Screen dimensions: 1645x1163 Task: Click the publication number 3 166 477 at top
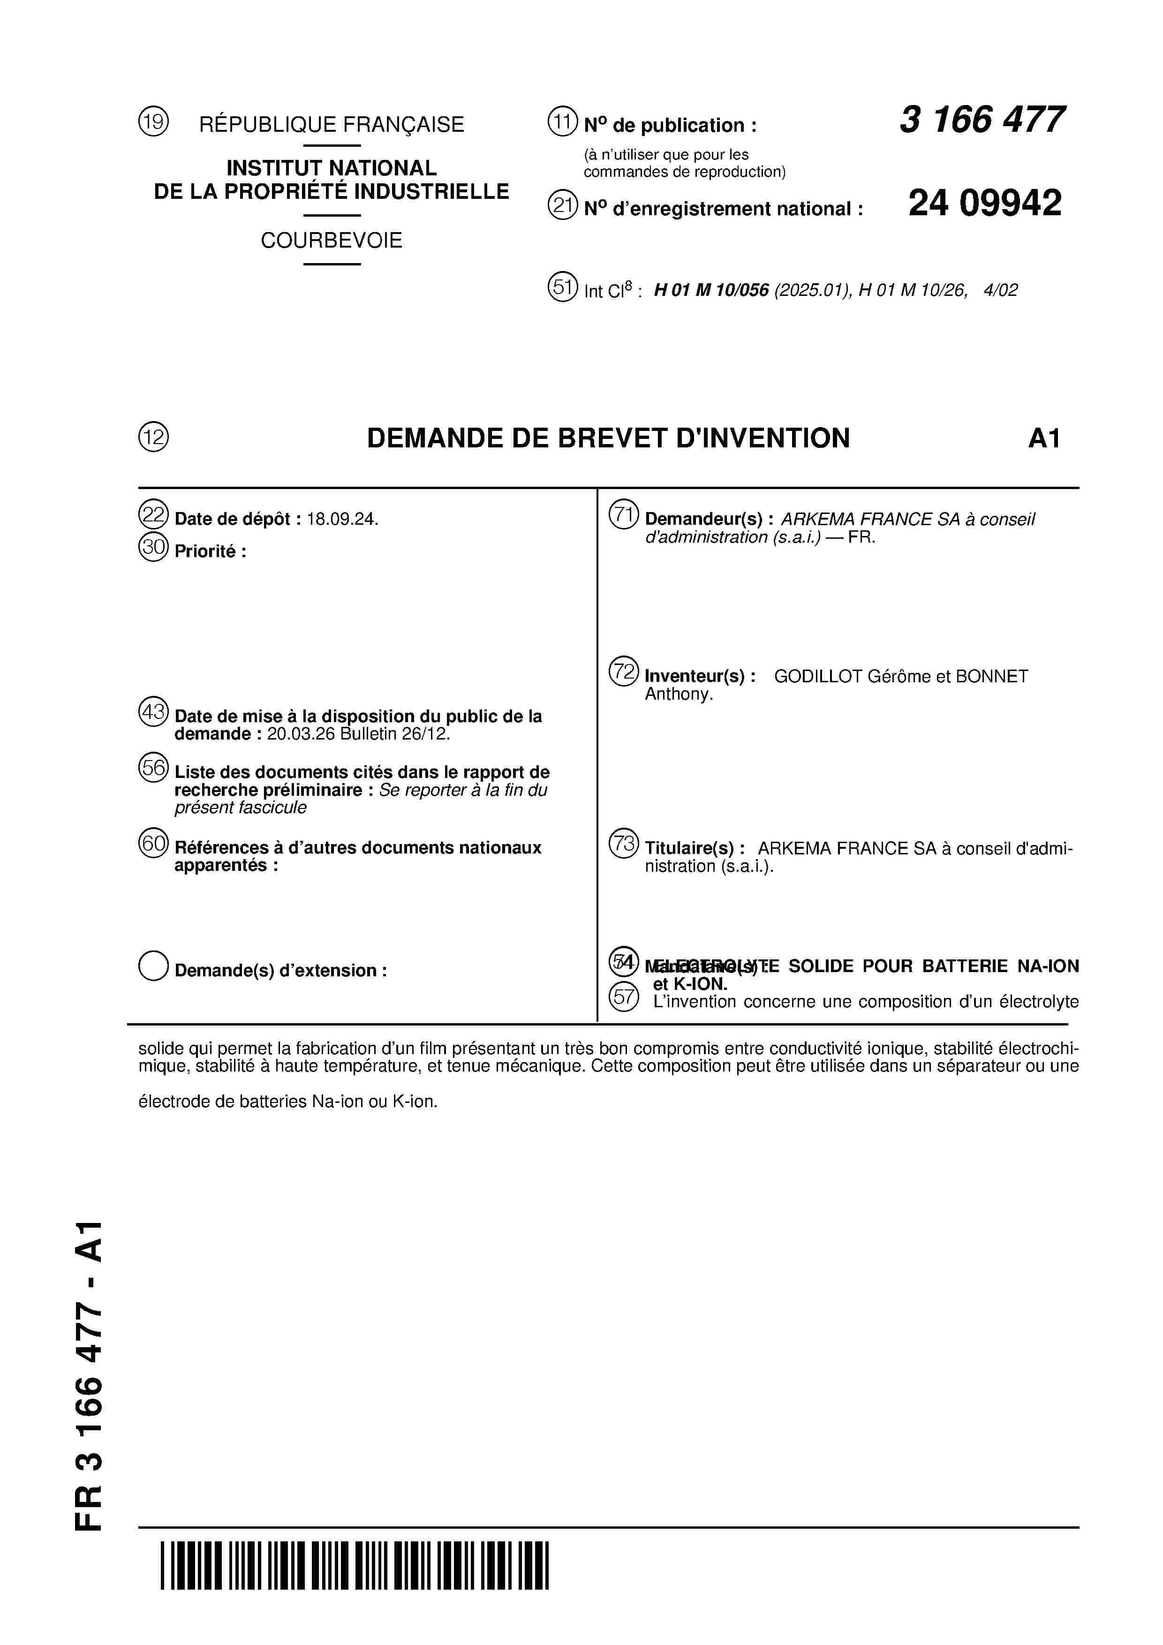point(982,121)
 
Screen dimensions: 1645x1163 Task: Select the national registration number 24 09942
point(985,204)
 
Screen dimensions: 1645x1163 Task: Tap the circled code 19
point(153,122)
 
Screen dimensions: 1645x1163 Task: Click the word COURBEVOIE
point(331,241)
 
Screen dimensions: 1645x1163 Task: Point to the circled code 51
point(563,287)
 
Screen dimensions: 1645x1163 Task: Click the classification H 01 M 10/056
point(711,290)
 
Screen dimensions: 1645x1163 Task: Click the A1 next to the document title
point(1043,438)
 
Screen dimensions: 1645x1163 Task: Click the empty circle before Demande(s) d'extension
point(153,966)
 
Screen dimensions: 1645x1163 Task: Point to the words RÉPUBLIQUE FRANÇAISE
point(331,125)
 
